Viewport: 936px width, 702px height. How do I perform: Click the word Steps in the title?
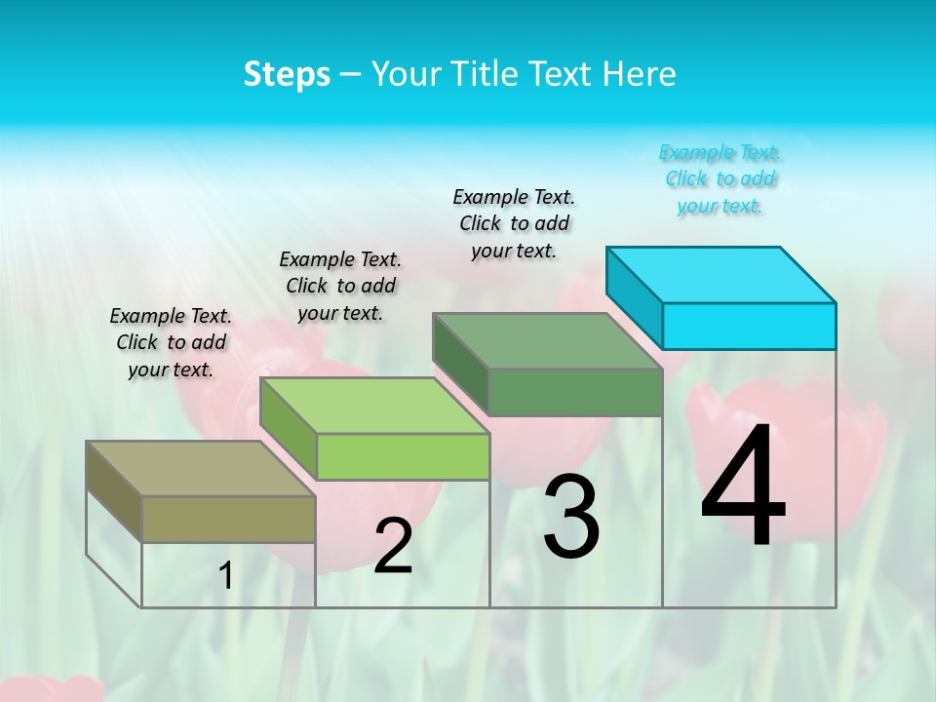(x=287, y=75)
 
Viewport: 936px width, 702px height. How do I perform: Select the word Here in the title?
(x=640, y=75)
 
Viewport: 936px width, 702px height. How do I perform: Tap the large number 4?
(x=744, y=487)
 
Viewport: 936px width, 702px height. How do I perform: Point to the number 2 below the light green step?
(x=393, y=547)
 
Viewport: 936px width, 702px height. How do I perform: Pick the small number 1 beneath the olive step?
(x=226, y=576)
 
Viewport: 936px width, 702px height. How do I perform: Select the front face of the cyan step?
(x=749, y=326)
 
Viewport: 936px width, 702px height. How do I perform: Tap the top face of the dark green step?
(x=548, y=341)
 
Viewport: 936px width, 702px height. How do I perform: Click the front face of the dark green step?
(x=575, y=392)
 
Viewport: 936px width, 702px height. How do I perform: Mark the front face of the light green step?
(x=403, y=456)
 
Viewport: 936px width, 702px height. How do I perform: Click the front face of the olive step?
(x=228, y=519)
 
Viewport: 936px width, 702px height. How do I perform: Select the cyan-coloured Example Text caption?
(x=720, y=179)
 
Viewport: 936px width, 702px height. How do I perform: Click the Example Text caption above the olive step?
(x=171, y=342)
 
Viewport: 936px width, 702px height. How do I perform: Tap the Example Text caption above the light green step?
(x=340, y=286)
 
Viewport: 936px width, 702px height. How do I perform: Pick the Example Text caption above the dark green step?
(x=514, y=223)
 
